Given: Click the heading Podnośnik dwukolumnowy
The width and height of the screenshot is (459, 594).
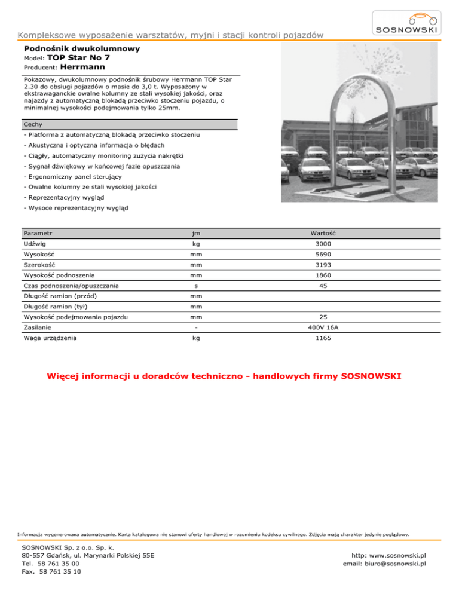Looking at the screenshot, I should (x=82, y=48).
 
